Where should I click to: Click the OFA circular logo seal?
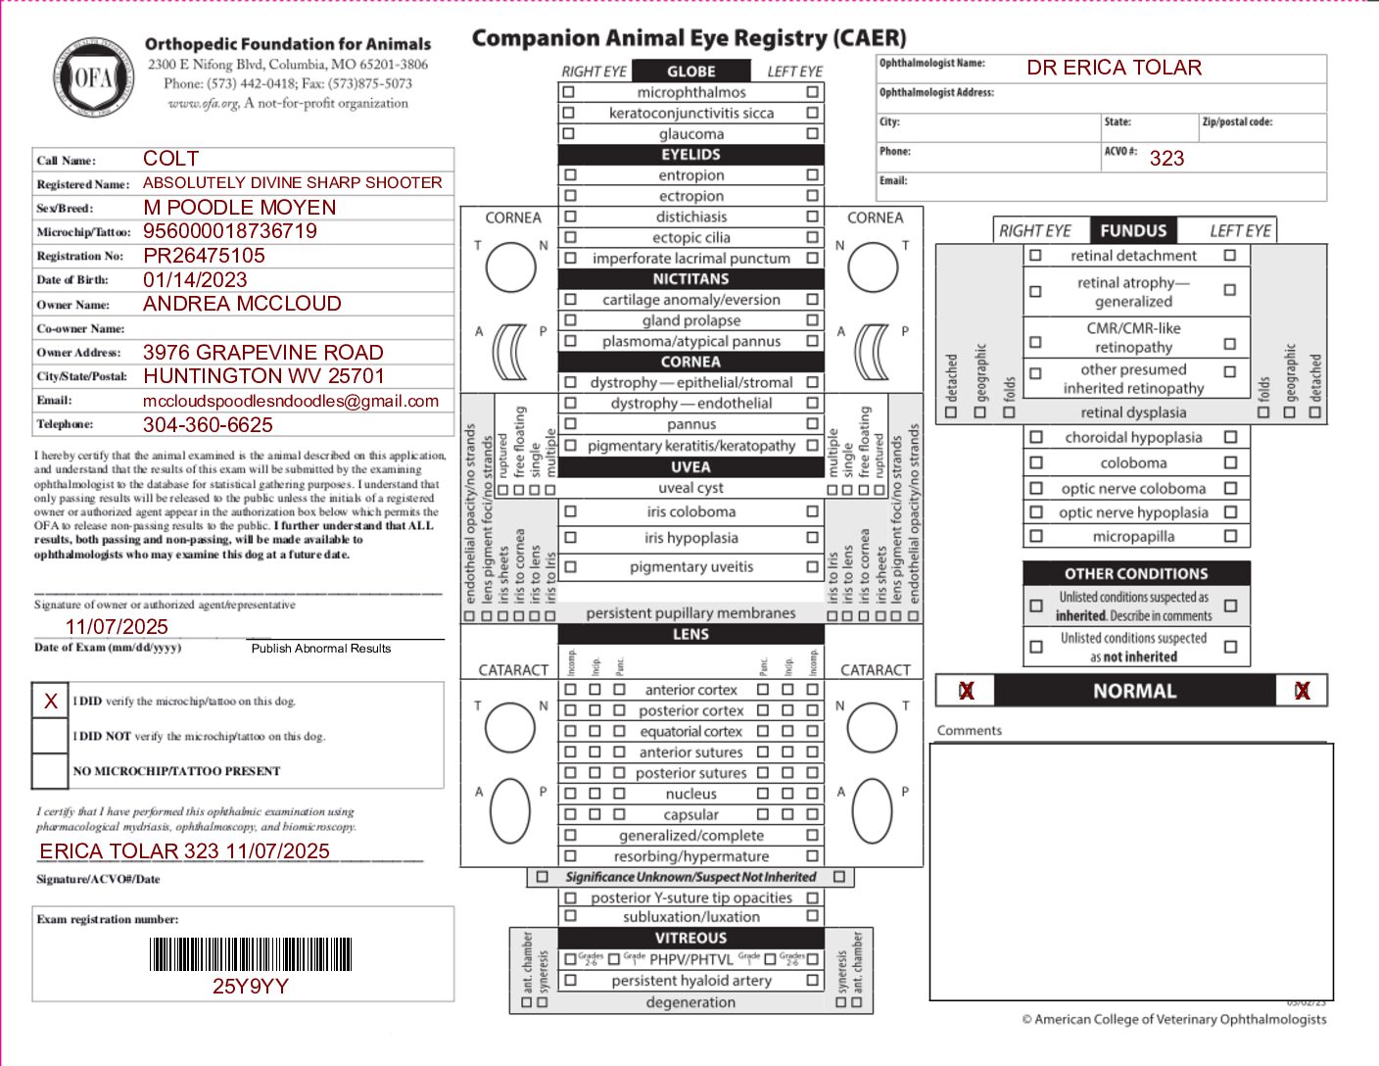93,77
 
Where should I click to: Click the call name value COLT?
170,159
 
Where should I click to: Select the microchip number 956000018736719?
230,231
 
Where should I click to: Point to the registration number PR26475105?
204,256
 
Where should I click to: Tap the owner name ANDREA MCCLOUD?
242,304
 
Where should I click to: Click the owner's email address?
291,401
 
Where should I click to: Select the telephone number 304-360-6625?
208,425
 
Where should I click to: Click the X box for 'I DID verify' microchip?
51,701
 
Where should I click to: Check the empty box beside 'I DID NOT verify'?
51,736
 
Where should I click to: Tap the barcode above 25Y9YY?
251,954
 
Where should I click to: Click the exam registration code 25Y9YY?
251,987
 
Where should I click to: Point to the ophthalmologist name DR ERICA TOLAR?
1114,68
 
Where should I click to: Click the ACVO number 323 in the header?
1166,159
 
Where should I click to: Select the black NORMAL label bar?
1134,691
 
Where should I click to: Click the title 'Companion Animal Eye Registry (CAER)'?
689,38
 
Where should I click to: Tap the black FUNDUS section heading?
1133,231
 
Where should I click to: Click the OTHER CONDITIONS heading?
1136,574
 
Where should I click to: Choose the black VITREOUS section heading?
690,938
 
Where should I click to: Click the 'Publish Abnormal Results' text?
321,649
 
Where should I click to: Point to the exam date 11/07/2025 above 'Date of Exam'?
117,627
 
